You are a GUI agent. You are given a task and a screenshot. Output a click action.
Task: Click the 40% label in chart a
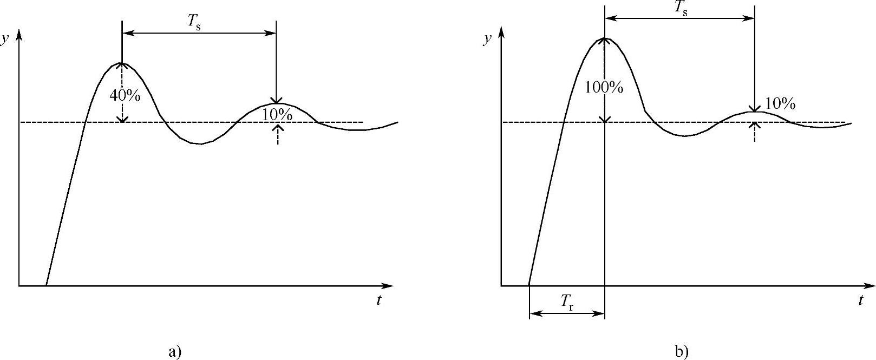pyautogui.click(x=125, y=95)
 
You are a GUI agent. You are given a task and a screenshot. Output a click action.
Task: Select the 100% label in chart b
pyautogui.click(x=604, y=88)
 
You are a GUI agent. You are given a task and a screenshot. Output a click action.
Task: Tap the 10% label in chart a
pyautogui.click(x=277, y=115)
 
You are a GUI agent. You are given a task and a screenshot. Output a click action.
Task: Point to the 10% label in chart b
pyautogui.click(x=780, y=103)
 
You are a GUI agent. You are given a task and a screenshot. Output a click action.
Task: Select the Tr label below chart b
pyautogui.click(x=567, y=301)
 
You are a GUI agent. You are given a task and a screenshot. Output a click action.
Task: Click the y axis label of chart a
pyautogui.click(x=5, y=40)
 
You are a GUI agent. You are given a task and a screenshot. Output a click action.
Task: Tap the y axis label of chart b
pyautogui.click(x=487, y=40)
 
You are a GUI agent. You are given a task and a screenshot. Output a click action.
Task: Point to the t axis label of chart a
pyautogui.click(x=378, y=300)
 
